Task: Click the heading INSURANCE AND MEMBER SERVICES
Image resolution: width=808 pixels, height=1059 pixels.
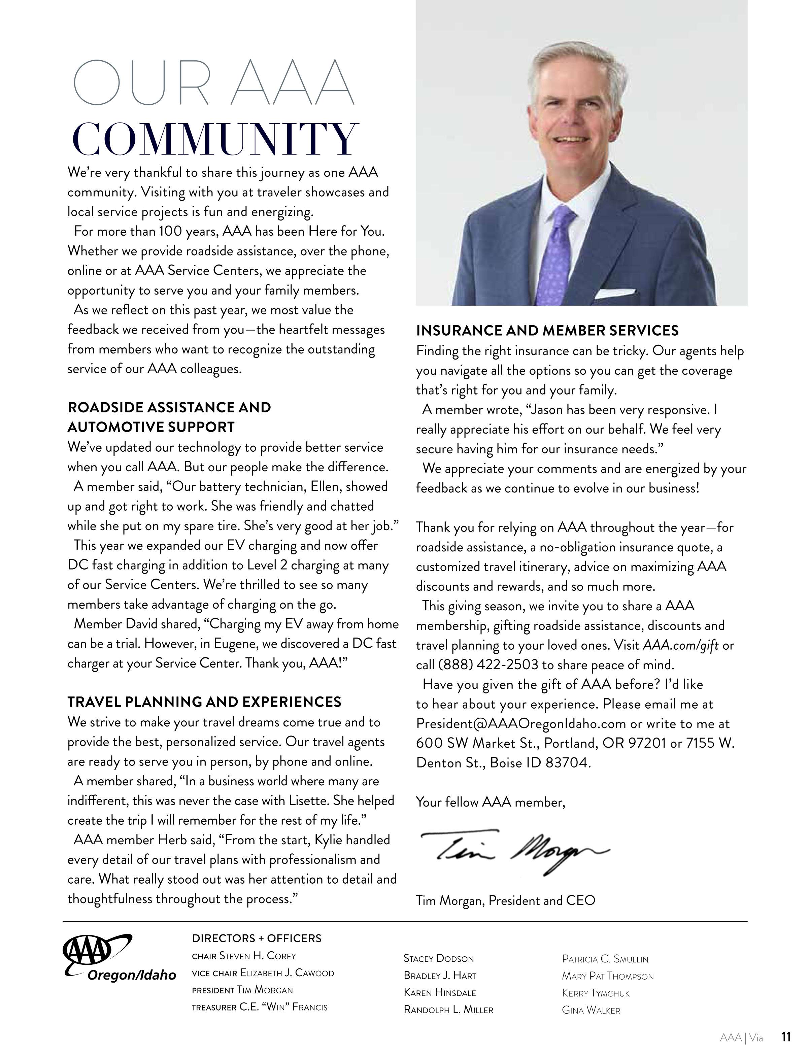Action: (547, 331)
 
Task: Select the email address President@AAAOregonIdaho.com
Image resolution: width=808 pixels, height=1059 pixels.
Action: (521, 724)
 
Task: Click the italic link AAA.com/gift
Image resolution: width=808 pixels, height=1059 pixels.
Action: (680, 645)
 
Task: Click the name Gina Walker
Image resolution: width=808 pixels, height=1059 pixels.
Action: (591, 1011)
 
